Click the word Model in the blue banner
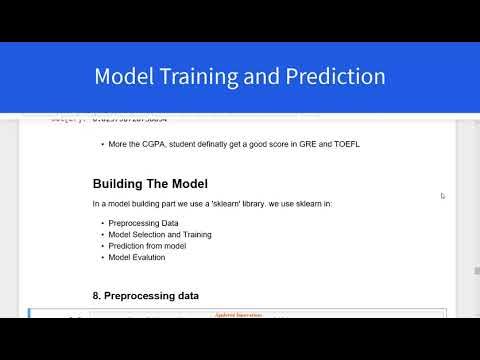[123, 77]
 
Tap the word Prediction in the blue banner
[335, 77]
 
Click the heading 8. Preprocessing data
[146, 296]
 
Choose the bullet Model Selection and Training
[161, 234]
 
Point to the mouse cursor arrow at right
[442, 196]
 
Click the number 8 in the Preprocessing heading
[96, 296]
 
